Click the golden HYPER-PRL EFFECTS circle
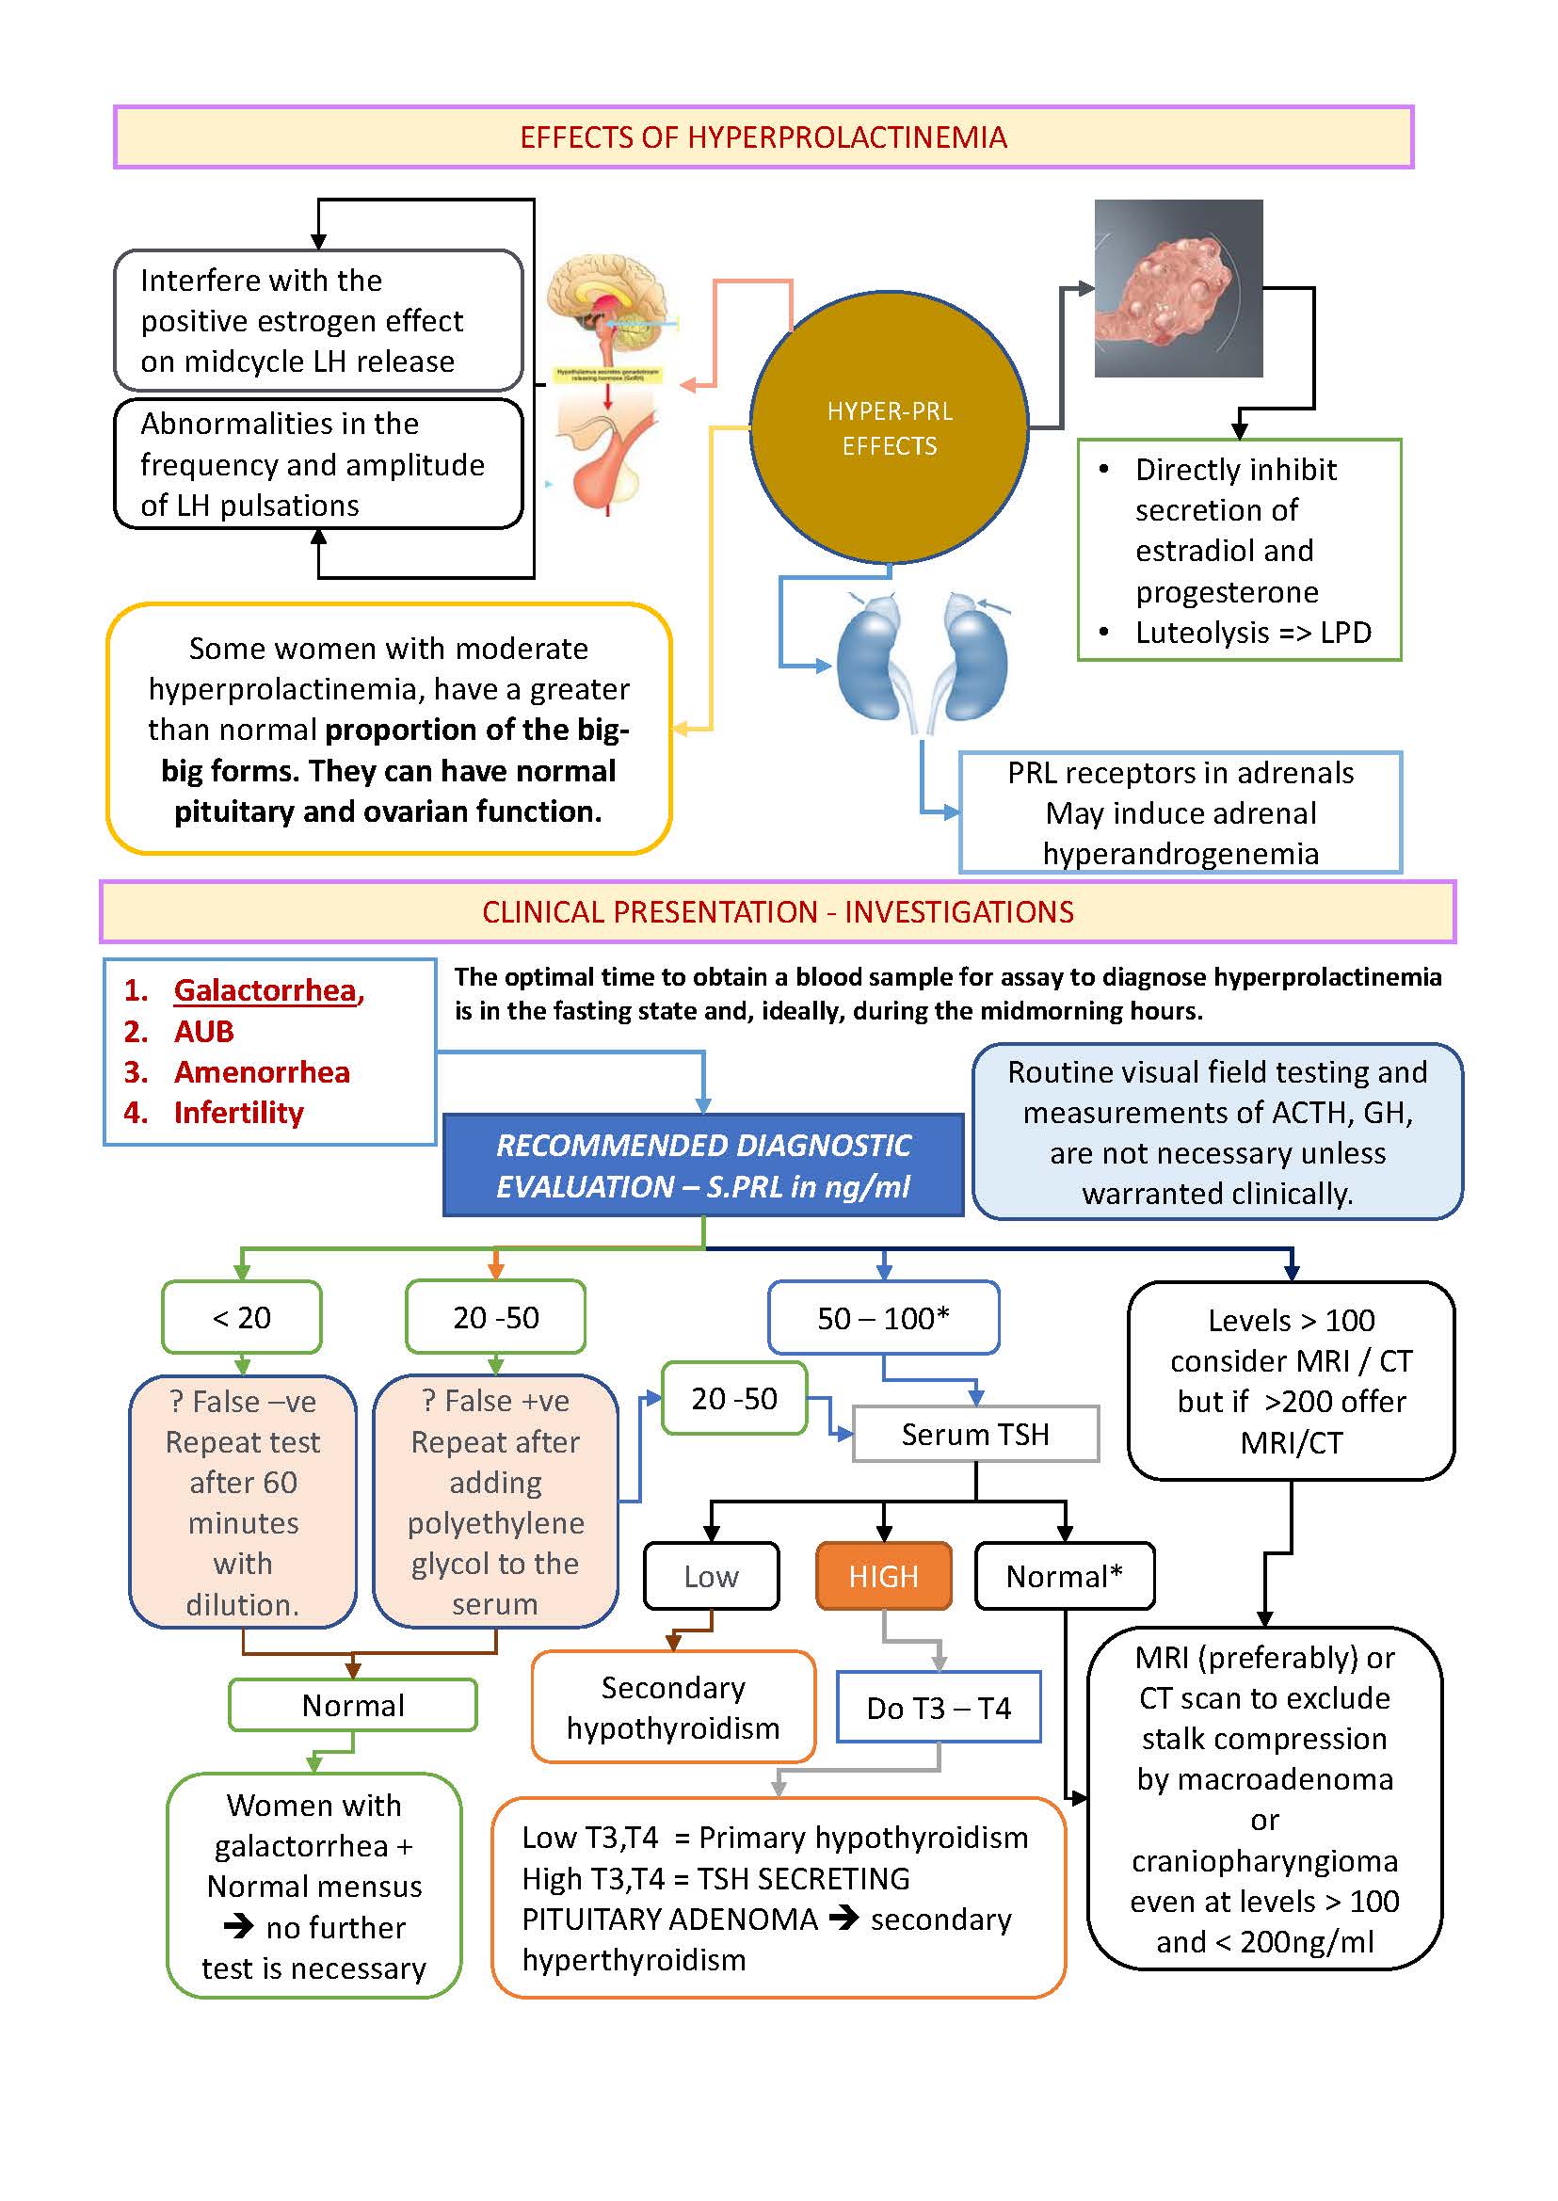click(x=889, y=428)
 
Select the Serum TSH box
click(x=974, y=1434)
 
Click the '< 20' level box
click(x=242, y=1317)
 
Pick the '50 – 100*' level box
click(x=883, y=1317)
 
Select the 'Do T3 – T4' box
click(x=939, y=1707)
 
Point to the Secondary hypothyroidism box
click(x=672, y=1707)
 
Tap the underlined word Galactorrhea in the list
click(x=265, y=990)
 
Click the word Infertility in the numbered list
click(x=238, y=1112)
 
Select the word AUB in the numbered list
click(x=203, y=1032)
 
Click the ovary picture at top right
click(x=1178, y=288)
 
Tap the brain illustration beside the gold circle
click(x=606, y=307)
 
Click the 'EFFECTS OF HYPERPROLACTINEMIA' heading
click(x=763, y=137)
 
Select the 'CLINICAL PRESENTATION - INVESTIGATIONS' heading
click(x=777, y=911)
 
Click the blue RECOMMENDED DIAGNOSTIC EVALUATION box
click(x=702, y=1165)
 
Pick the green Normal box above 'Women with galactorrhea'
click(x=352, y=1705)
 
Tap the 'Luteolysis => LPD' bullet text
click(x=1252, y=633)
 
